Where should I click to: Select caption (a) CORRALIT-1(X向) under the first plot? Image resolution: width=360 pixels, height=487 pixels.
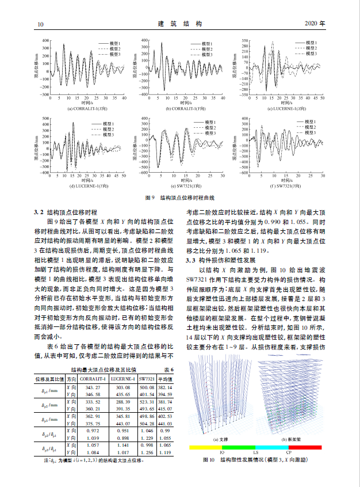tap(87, 108)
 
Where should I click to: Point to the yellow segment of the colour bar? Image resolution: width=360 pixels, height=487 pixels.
tap(205, 447)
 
